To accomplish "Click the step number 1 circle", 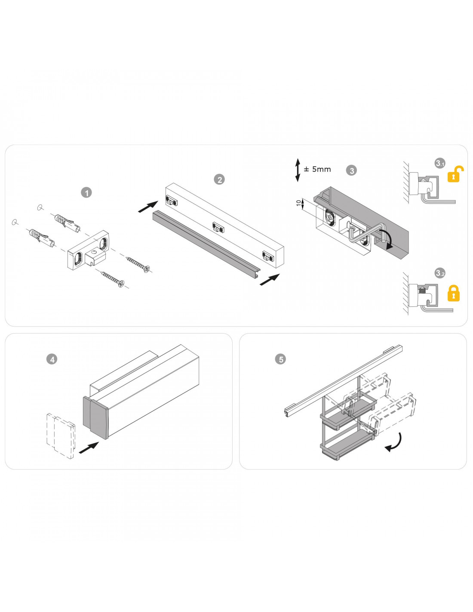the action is pos(86,193).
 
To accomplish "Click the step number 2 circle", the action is pos(219,179).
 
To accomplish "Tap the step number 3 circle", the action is pos(351,170).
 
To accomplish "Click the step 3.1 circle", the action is pos(440,163).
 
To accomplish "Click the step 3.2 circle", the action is pos(440,273).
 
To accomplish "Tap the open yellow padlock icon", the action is pos(455,174).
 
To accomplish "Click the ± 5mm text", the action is pos(317,169).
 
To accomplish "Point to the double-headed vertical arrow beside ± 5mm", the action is pos(298,170).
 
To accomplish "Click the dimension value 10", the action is pos(298,203).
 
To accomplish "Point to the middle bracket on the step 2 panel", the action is pos(218,227).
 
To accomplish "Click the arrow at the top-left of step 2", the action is pos(148,207).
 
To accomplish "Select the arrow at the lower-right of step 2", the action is pos(270,279).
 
